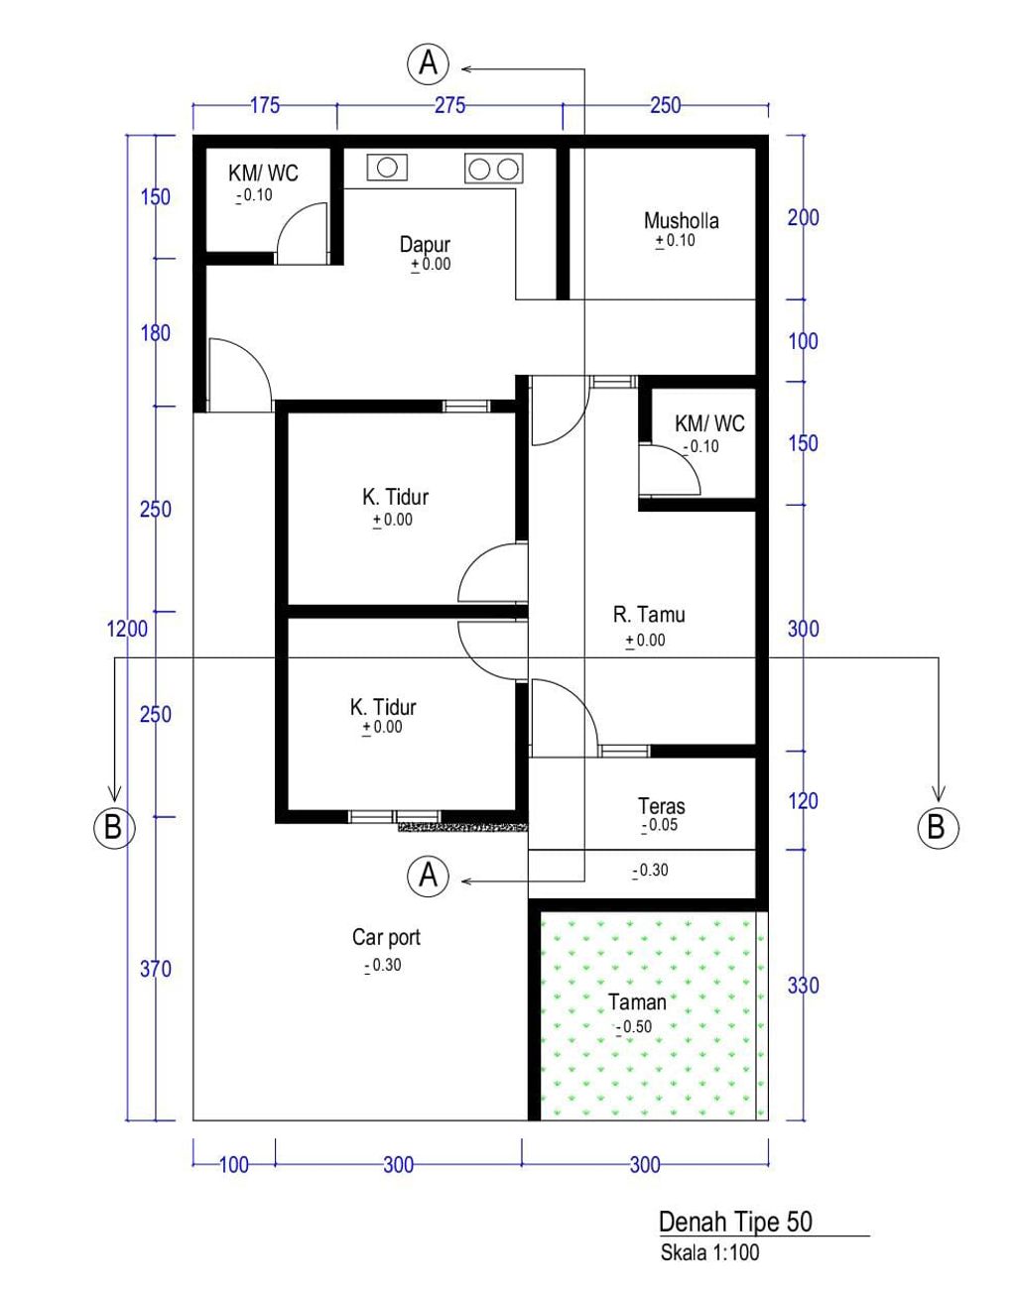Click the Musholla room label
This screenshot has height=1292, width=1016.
pos(681,220)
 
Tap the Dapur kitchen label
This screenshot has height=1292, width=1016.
pos(425,244)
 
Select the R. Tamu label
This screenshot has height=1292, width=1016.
pos(649,614)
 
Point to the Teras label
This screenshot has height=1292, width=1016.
pos(662,806)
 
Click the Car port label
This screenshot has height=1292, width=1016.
pos(386,938)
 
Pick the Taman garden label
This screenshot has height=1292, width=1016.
pos(636,1002)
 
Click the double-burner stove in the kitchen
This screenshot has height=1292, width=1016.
pos(494,169)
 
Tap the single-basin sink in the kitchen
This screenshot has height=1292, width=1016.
pos(387,168)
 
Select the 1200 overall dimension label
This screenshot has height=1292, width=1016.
pos(127,629)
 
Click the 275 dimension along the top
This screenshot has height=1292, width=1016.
pos(449,105)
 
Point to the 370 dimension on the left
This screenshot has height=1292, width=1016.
pos(155,969)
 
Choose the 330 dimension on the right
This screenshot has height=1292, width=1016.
pos(803,986)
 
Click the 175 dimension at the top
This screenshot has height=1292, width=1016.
pos(265,105)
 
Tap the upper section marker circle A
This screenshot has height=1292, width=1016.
pos(428,62)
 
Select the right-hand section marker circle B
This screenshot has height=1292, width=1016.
pos(938,827)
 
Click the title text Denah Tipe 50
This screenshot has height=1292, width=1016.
pos(735,1222)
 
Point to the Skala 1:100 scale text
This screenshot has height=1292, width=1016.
pos(709,1252)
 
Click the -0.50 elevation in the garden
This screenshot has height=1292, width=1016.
pos(634,1027)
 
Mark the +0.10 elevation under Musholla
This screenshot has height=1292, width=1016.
pos(675,241)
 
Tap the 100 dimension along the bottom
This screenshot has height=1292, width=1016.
pos(234,1165)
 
